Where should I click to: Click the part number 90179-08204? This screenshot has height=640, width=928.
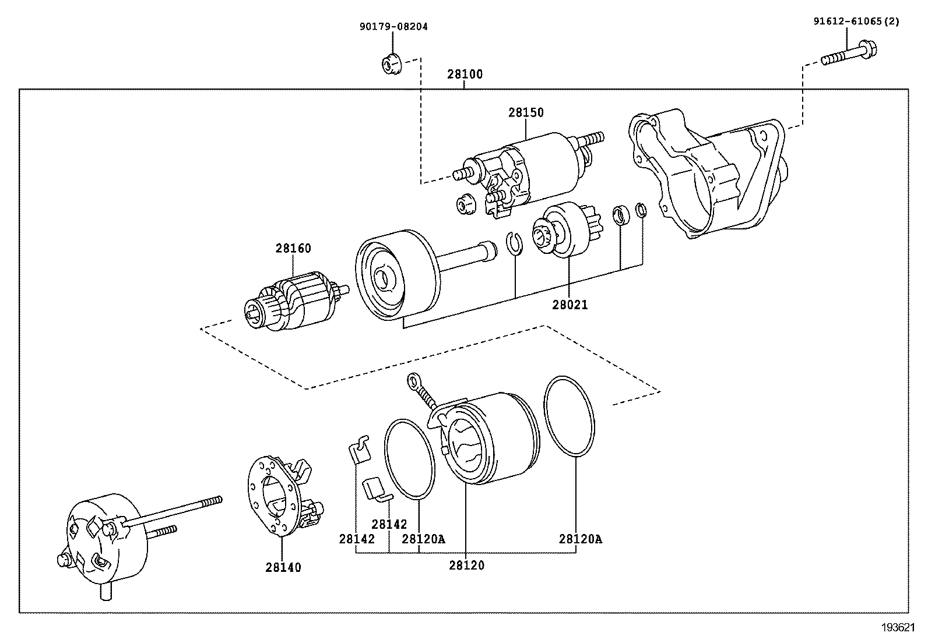(393, 27)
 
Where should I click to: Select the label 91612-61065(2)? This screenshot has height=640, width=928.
(856, 22)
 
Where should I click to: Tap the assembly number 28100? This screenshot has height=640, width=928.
(465, 75)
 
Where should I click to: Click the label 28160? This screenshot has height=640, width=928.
(293, 249)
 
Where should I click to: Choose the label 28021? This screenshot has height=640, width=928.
(570, 305)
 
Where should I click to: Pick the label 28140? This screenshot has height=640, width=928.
(283, 567)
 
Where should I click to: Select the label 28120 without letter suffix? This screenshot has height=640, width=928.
(466, 565)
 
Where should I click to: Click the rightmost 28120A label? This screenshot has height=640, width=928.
(581, 539)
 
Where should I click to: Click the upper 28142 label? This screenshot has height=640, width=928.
(389, 524)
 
